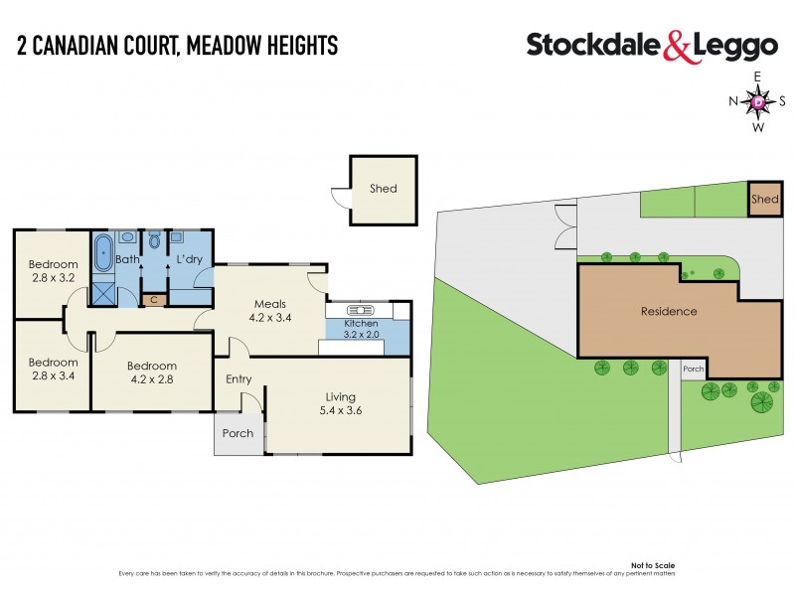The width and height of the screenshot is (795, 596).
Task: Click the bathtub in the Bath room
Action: [103, 254]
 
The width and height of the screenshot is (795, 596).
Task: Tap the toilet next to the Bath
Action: [154, 242]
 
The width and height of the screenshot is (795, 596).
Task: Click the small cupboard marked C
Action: [153, 299]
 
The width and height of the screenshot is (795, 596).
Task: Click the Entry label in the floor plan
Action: [238, 378]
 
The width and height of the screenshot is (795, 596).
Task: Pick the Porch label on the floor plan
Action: [238, 433]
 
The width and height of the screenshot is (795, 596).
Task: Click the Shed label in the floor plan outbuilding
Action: [383, 188]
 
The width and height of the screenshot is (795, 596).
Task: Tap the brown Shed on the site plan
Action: [764, 199]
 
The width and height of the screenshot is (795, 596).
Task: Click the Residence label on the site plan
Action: [668, 312]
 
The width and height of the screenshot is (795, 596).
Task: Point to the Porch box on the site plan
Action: [693, 370]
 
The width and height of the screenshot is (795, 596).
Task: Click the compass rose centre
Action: [758, 101]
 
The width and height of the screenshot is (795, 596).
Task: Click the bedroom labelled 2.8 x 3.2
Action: [52, 271]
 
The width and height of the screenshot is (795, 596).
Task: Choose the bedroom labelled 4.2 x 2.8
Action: [152, 372]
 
